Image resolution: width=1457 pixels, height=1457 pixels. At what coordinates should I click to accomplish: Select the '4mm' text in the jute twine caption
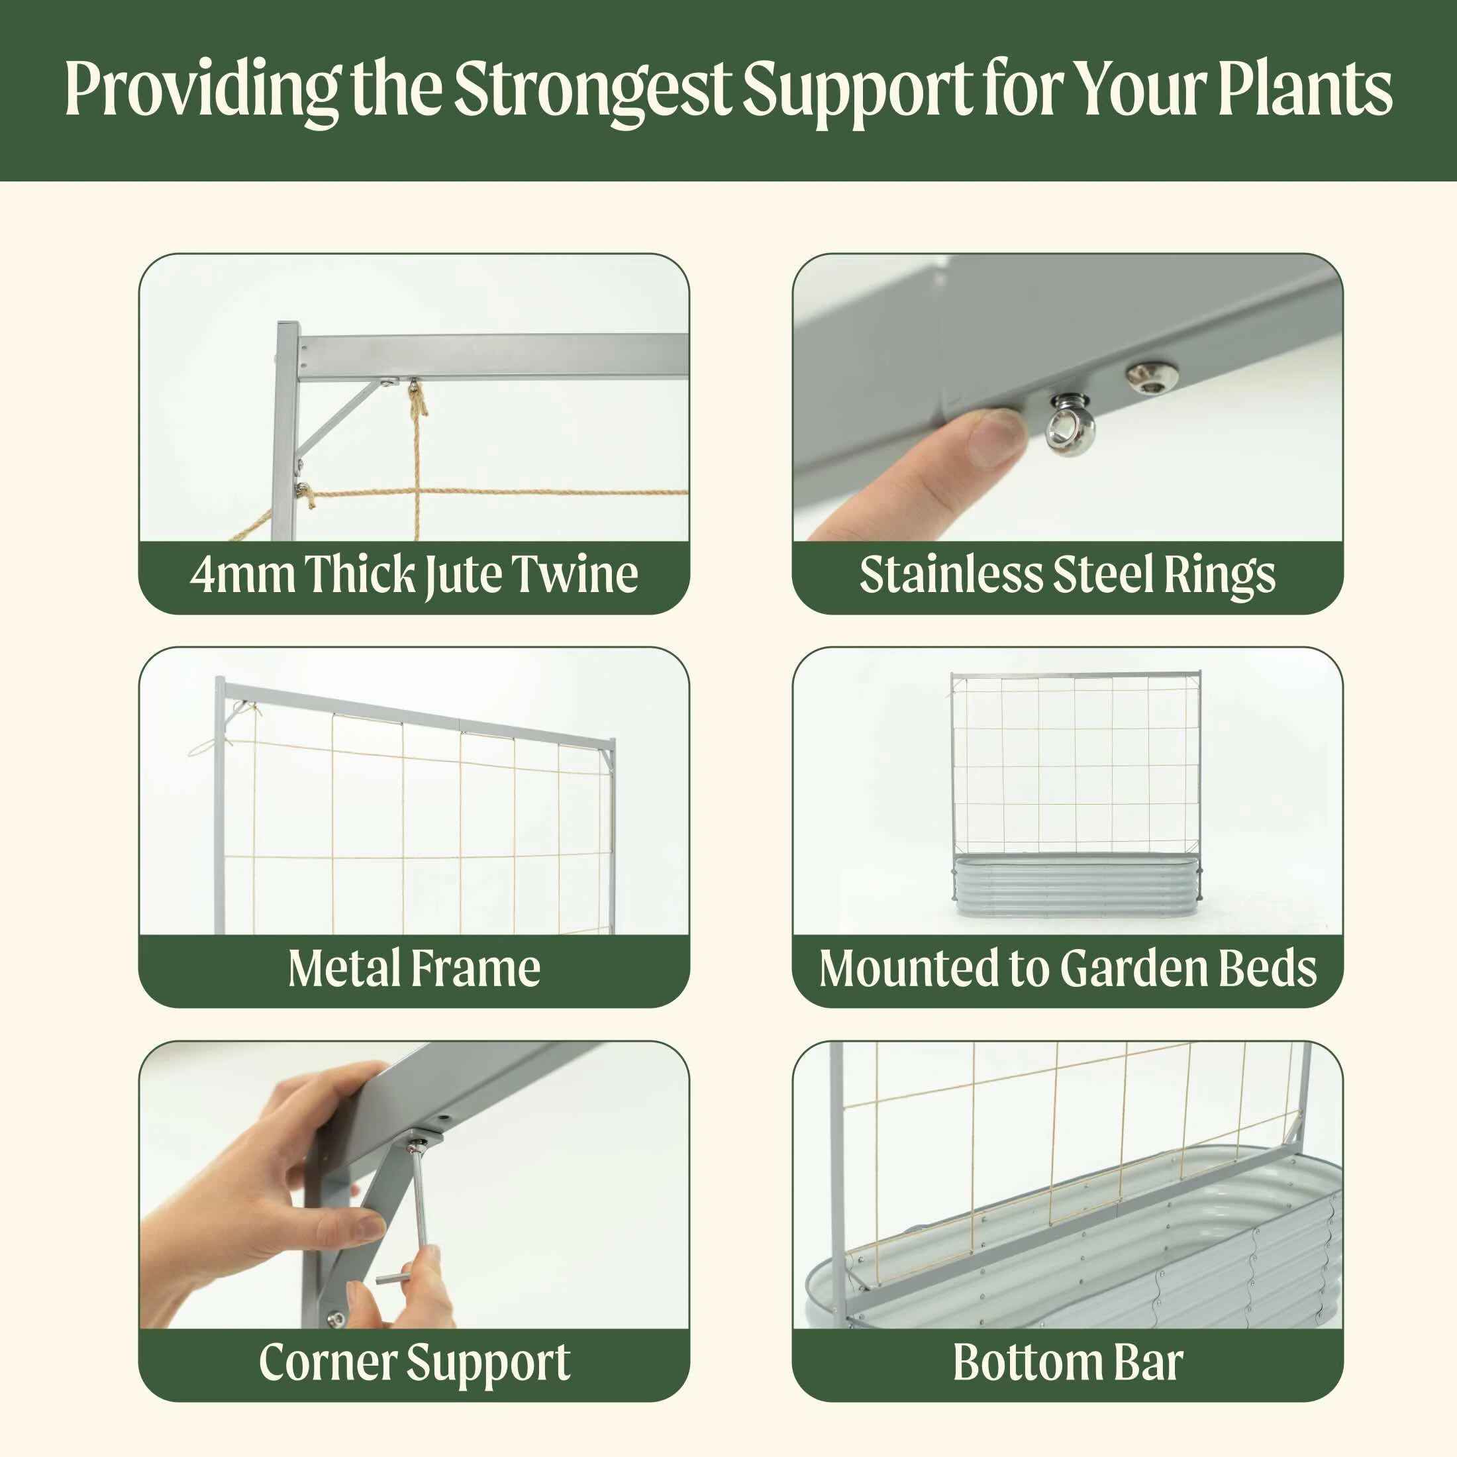click(x=241, y=576)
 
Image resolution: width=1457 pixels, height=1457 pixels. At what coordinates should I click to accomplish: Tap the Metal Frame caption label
click(x=414, y=969)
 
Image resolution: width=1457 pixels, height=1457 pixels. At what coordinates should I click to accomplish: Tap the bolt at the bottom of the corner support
click(x=336, y=1320)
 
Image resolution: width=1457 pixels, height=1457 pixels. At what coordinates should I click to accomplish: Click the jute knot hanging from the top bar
click(x=417, y=400)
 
